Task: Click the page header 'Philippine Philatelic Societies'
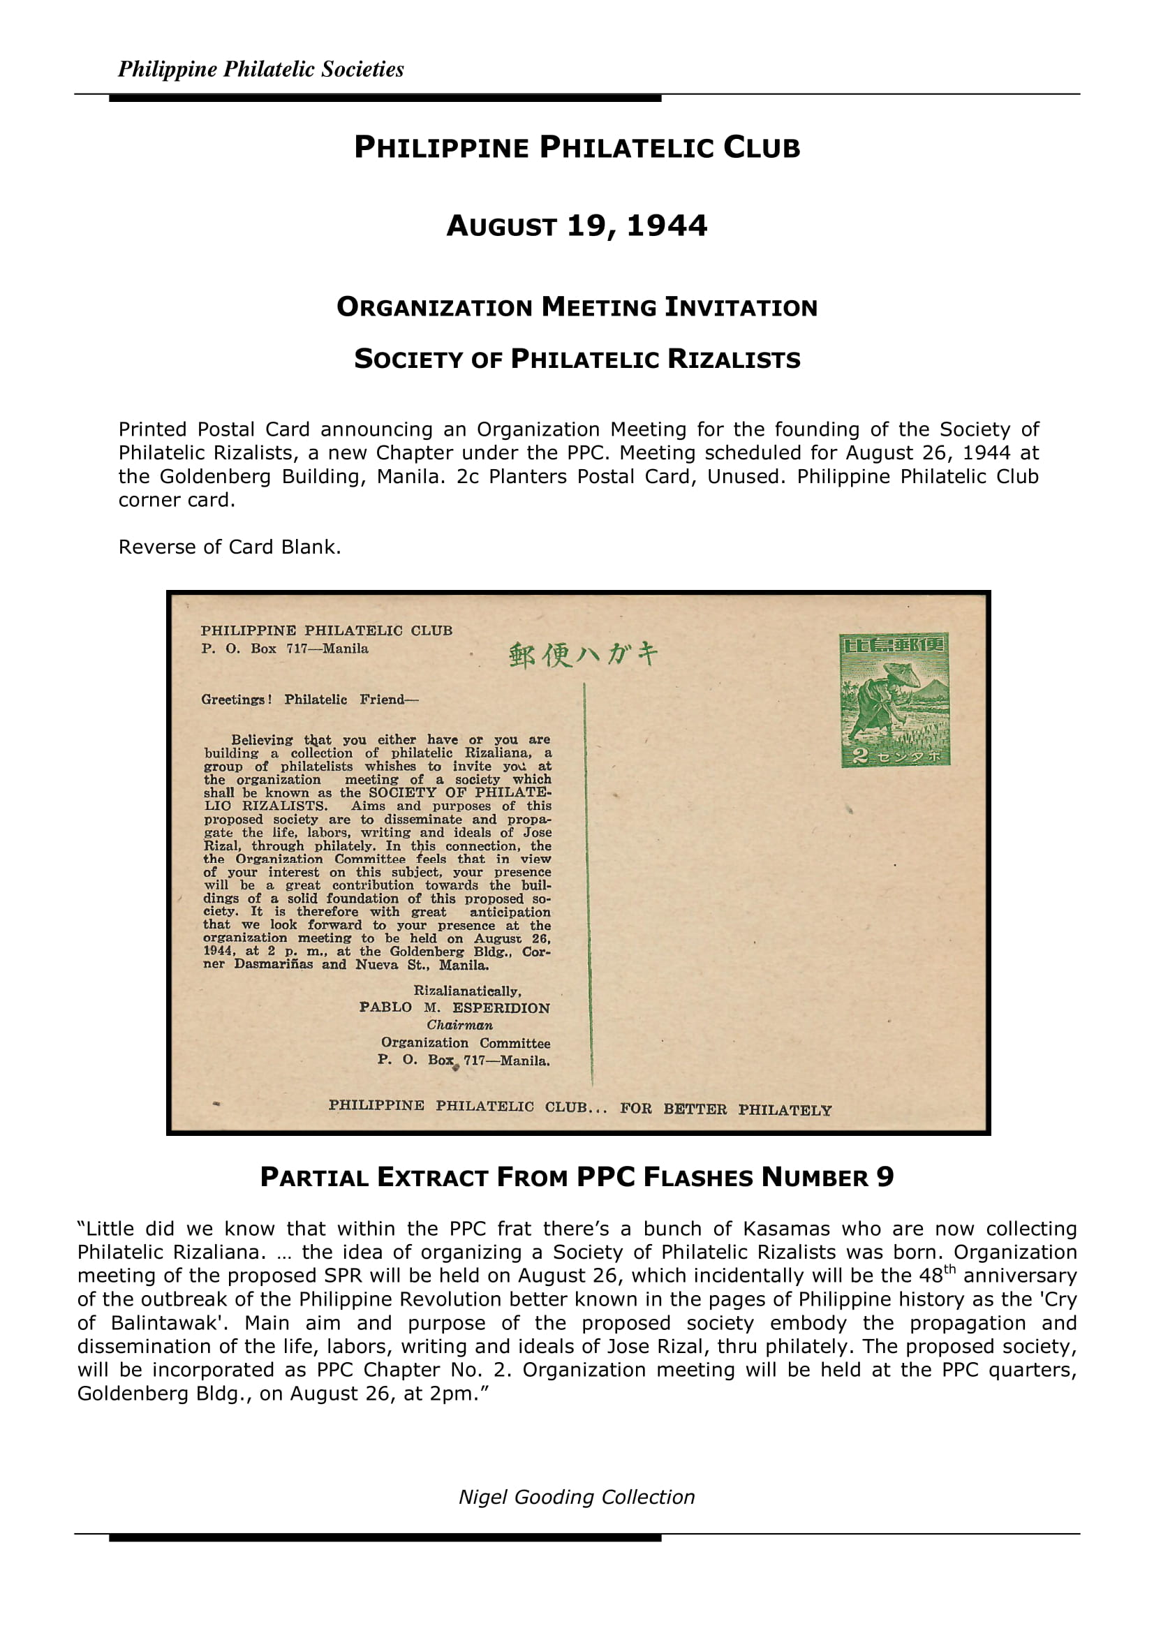[x=260, y=69]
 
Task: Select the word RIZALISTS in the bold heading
[x=733, y=359]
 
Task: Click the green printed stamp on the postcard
[x=894, y=700]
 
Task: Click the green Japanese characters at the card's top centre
[x=583, y=654]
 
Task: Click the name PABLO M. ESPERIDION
[x=454, y=1008]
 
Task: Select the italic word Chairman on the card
[x=459, y=1025]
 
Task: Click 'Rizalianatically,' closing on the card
[x=467, y=991]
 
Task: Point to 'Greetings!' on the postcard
[x=236, y=700]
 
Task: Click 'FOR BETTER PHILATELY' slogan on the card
[x=725, y=1109]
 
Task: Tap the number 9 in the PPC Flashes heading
[x=885, y=1178]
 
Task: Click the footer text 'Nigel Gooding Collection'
[x=577, y=1497]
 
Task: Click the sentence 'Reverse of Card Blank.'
[x=230, y=547]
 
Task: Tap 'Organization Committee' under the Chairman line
[x=465, y=1043]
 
